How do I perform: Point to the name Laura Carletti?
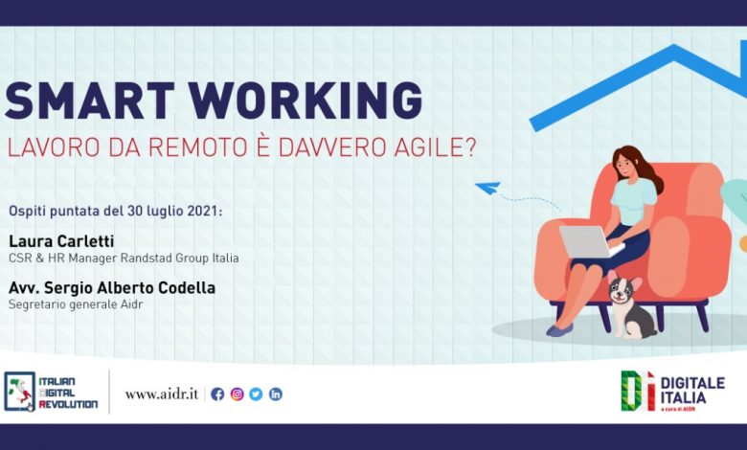pyautogui.click(x=61, y=241)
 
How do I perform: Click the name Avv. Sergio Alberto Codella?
pyautogui.click(x=112, y=287)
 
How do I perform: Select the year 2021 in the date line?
pyautogui.click(x=204, y=211)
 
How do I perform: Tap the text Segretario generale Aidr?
pyautogui.click(x=76, y=304)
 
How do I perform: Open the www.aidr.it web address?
pyautogui.click(x=162, y=394)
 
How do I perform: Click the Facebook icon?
pyautogui.click(x=217, y=394)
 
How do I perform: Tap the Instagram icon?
pyautogui.click(x=237, y=394)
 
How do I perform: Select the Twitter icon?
pyautogui.click(x=256, y=394)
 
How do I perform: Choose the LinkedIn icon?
pyautogui.click(x=276, y=394)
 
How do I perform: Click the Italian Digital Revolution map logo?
pyautogui.click(x=19, y=392)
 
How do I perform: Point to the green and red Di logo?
pyautogui.click(x=638, y=391)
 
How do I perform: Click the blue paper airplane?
pyautogui.click(x=487, y=188)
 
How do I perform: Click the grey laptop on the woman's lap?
pyautogui.click(x=589, y=241)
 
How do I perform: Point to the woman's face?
pyautogui.click(x=625, y=165)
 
